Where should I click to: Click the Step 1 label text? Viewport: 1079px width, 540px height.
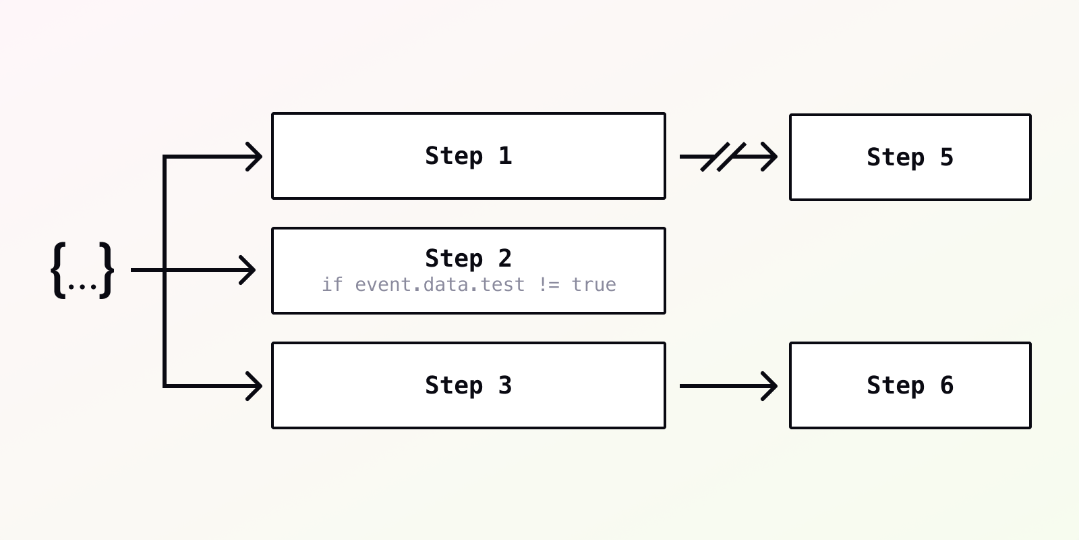click(x=468, y=156)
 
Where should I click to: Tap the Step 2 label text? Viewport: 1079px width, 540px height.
click(x=468, y=259)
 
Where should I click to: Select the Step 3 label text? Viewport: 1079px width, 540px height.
click(x=468, y=385)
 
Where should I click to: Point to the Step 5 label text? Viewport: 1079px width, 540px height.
click(x=910, y=158)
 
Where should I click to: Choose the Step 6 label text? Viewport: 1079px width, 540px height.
click(x=910, y=385)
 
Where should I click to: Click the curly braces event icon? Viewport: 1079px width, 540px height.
click(x=82, y=271)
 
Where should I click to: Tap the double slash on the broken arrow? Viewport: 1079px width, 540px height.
click(x=723, y=157)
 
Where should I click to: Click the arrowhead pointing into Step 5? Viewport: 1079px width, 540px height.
click(x=769, y=157)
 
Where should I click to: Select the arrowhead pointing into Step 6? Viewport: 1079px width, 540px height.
click(x=769, y=385)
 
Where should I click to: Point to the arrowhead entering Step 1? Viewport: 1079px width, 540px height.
click(x=254, y=157)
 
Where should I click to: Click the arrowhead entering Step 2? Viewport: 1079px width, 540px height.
click(x=247, y=270)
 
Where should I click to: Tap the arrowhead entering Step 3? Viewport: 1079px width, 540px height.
click(x=254, y=385)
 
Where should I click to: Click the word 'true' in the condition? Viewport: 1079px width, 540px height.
click(x=594, y=285)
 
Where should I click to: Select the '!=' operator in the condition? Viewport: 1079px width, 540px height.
click(x=549, y=285)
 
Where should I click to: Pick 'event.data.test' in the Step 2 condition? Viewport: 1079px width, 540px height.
click(x=439, y=285)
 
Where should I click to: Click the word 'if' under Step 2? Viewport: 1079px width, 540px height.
click(x=332, y=284)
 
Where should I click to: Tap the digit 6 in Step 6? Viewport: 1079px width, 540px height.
click(x=947, y=385)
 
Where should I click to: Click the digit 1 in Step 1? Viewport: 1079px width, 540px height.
click(x=505, y=156)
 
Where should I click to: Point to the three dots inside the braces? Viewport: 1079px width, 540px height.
click(x=82, y=287)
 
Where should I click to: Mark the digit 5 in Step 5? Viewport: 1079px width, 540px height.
click(x=947, y=158)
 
